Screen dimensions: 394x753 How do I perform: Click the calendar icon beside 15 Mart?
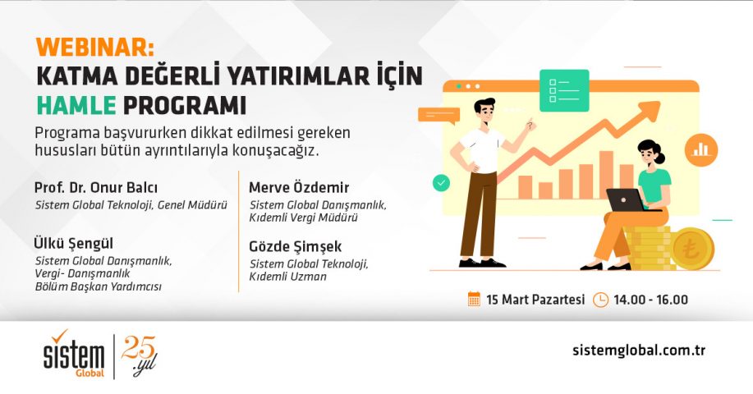(474, 300)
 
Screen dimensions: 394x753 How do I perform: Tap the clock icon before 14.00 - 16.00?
(600, 300)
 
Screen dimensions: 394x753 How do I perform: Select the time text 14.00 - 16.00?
(650, 300)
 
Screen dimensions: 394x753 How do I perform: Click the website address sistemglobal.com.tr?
(639, 350)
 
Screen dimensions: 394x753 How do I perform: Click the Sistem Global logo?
(74, 354)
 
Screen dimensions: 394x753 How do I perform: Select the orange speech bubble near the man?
(443, 117)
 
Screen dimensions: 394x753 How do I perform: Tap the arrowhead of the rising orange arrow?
(651, 110)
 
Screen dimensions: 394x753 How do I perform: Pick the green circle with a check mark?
(443, 183)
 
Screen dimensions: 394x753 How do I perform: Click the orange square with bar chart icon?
(704, 149)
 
